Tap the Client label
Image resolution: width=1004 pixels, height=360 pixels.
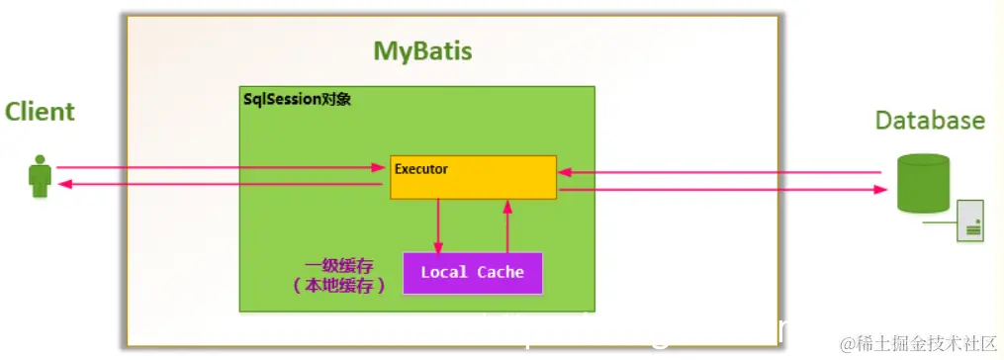pyautogui.click(x=40, y=111)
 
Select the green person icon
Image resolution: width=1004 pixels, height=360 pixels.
pyautogui.click(x=40, y=176)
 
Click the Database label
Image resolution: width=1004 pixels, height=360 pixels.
pyautogui.click(x=930, y=121)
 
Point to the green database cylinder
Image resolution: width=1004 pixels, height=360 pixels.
pyautogui.click(x=923, y=183)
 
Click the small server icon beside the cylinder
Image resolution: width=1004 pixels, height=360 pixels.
pyautogui.click(x=970, y=220)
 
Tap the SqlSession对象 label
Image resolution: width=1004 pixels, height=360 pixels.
pyautogui.click(x=298, y=100)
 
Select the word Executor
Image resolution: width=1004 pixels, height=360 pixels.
pyautogui.click(x=421, y=169)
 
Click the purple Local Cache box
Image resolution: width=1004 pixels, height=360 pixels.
pyautogui.click(x=473, y=273)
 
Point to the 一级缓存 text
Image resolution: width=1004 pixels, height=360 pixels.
pyautogui.click(x=340, y=265)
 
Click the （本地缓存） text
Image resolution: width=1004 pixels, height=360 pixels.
pyautogui.click(x=340, y=285)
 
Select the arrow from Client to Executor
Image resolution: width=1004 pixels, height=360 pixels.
pyautogui.click(x=218, y=167)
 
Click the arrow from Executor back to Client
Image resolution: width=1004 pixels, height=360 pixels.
pyautogui.click(x=218, y=185)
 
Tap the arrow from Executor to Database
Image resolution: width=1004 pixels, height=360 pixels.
pyautogui.click(x=722, y=191)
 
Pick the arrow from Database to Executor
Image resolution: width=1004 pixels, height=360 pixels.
pyautogui.click(x=722, y=173)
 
